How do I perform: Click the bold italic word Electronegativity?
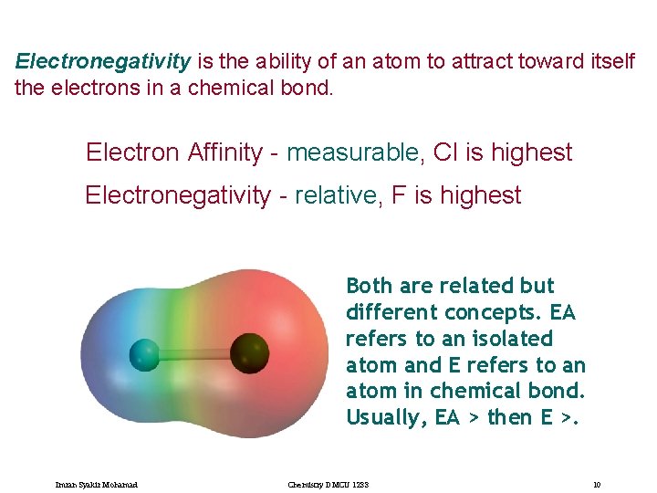(103, 62)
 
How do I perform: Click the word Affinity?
(225, 152)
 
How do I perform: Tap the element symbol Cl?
(445, 152)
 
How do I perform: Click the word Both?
(370, 286)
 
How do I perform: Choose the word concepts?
(485, 312)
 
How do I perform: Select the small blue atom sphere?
(144, 353)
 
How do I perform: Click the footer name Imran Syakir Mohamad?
(96, 484)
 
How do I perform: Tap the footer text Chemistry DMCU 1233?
(326, 484)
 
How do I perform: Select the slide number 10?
(596, 484)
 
